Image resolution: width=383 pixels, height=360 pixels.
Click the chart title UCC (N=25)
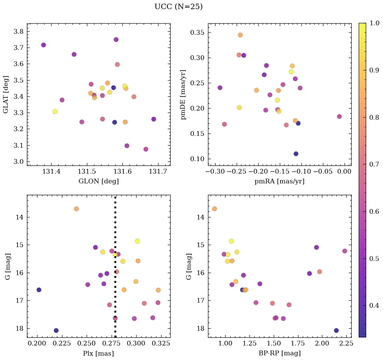click(178, 7)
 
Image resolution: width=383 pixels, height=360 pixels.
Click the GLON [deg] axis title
click(98, 181)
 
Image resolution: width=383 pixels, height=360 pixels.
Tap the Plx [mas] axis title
click(98, 353)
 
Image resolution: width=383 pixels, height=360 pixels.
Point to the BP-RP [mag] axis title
click(279, 353)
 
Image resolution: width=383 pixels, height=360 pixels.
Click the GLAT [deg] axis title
click(6, 94)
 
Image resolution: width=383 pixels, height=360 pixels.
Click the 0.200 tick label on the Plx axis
click(37, 343)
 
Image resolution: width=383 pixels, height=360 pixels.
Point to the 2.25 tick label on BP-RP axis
click(341, 343)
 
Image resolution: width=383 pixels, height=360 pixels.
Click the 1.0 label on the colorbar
click(374, 24)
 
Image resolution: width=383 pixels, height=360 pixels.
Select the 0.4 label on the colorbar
click(374, 306)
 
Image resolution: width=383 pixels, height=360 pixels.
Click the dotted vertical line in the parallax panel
click(115, 270)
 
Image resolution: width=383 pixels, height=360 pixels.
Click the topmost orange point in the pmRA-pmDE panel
click(240, 35)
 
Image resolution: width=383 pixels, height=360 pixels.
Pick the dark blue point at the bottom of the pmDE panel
click(296, 154)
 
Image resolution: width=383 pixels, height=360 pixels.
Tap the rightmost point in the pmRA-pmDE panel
click(339, 117)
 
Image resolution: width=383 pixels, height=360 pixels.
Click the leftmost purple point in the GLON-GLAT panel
click(43, 45)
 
